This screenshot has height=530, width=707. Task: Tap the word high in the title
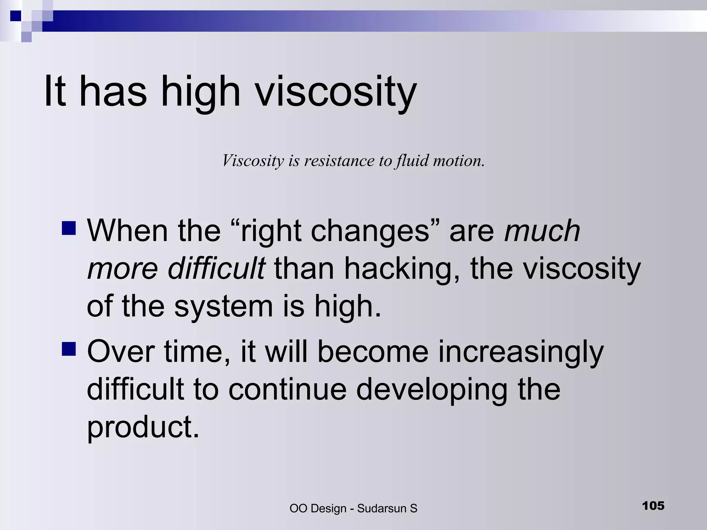pyautogui.click(x=200, y=92)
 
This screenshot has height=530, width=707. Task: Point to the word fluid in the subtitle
pyautogui.click(x=412, y=161)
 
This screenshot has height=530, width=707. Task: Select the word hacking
pyautogui.click(x=402, y=269)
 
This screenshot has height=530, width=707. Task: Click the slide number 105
pyautogui.click(x=653, y=506)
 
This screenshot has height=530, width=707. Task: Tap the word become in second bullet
pyautogui.click(x=372, y=352)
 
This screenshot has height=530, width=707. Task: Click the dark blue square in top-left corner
pyautogui.click(x=16, y=16)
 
